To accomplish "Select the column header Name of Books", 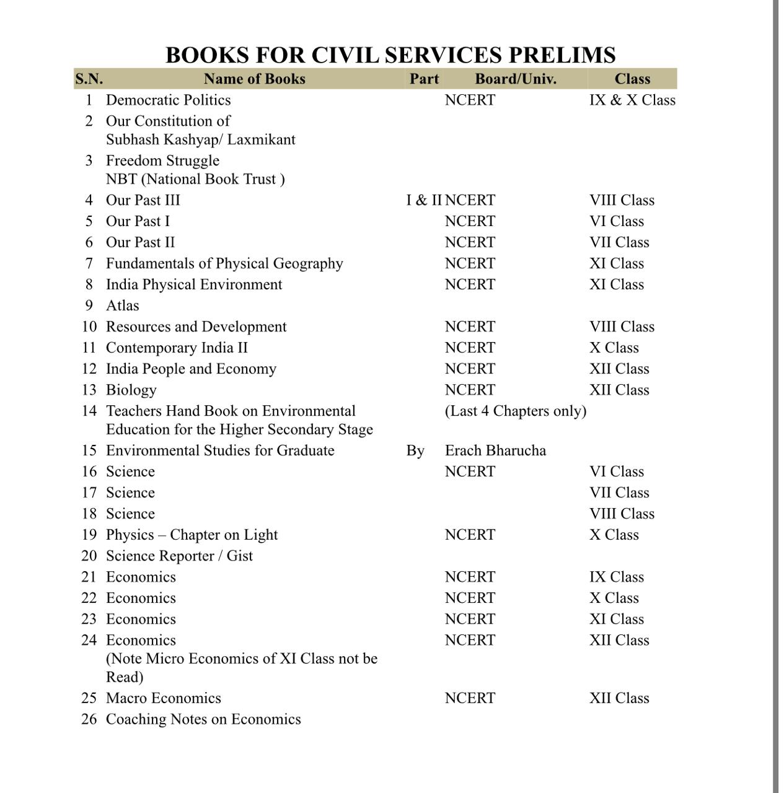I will click(x=254, y=79).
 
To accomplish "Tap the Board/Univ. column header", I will click(x=515, y=79).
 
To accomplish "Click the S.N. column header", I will click(x=89, y=79).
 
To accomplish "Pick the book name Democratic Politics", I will click(x=168, y=100).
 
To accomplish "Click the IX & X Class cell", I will click(x=632, y=100).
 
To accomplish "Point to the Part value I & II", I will click(x=424, y=200).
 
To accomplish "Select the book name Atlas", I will click(x=122, y=305).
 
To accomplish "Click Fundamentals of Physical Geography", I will click(x=224, y=263).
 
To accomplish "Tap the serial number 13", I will click(x=89, y=390).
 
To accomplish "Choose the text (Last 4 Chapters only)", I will click(x=515, y=411).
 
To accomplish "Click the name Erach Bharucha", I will click(x=495, y=450).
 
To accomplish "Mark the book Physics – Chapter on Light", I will click(x=192, y=535).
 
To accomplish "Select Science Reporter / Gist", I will click(x=179, y=556).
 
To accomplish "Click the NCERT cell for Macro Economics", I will click(x=470, y=698).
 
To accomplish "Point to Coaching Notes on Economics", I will click(x=203, y=719).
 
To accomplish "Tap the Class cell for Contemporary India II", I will click(x=614, y=348).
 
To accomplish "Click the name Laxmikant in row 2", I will click(x=261, y=139).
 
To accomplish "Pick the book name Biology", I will click(x=131, y=390).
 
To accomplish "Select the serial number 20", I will click(x=89, y=556).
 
